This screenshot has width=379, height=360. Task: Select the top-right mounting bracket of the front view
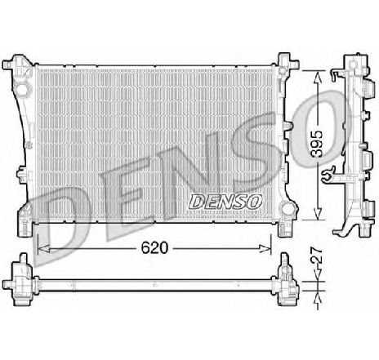[285, 61]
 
